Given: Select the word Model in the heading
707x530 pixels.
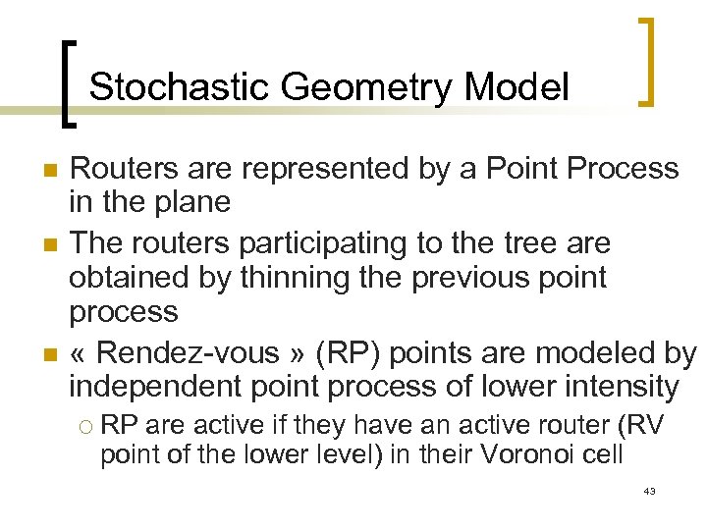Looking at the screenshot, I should pos(517,87).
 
